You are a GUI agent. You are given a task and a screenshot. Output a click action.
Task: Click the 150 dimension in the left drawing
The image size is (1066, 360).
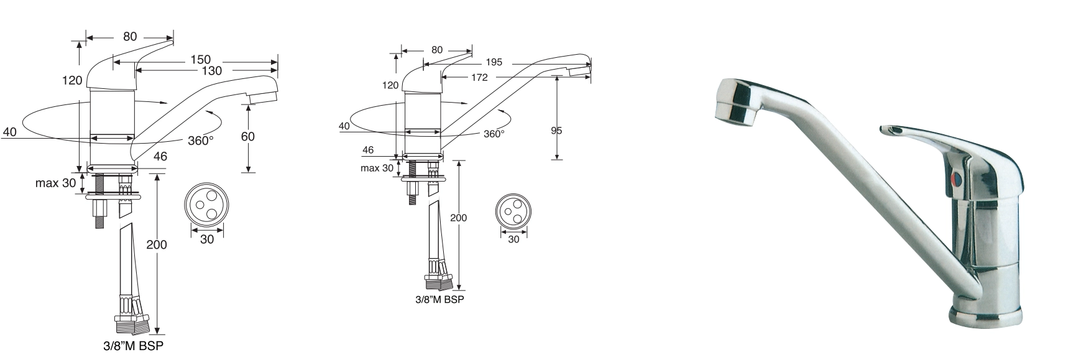pos(200,60)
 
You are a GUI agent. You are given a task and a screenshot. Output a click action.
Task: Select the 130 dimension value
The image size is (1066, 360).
pos(211,71)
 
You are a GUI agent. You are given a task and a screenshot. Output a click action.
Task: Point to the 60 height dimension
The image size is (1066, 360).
pos(247,137)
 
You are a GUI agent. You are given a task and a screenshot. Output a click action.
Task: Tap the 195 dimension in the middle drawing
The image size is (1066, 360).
pos(494,62)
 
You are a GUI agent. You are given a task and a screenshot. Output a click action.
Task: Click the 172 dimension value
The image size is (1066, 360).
pos(479,78)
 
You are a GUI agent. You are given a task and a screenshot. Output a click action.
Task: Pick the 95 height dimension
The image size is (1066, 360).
pos(556,131)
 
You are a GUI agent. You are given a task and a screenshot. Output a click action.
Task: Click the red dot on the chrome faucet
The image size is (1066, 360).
pos(957,181)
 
